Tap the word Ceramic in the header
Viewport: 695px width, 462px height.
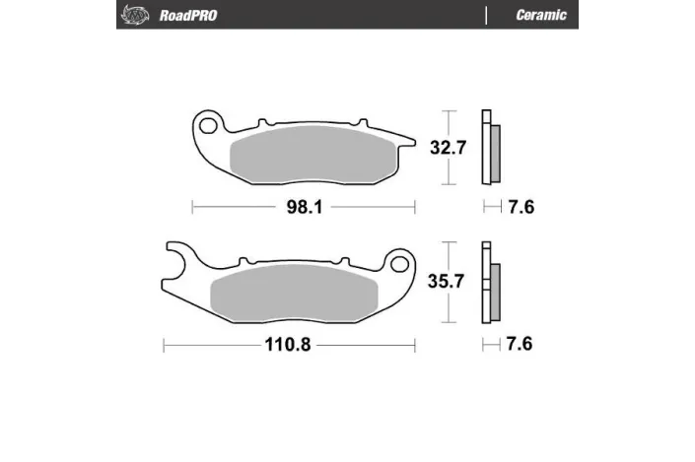tap(540, 15)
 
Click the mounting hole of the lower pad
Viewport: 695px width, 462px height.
tap(399, 264)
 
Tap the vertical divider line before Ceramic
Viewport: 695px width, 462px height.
tap(486, 15)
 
